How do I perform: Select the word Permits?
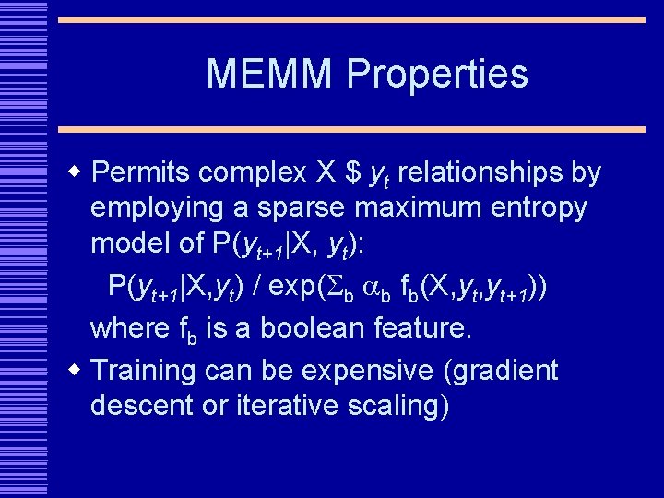coord(142,172)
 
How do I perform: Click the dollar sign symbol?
coord(351,172)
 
